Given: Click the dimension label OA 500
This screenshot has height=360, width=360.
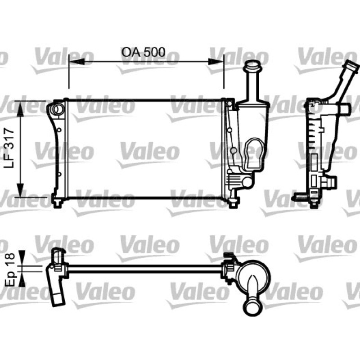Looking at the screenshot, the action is click(x=143, y=52).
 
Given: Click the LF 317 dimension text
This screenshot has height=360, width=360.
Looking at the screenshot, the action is click(x=9, y=148).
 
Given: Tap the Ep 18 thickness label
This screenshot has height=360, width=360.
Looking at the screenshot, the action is click(x=9, y=270).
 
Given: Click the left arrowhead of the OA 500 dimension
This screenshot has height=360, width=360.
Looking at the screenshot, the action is click(x=76, y=62).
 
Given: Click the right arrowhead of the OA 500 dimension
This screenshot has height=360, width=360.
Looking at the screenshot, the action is click(x=216, y=62).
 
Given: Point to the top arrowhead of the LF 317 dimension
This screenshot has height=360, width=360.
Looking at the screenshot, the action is click(x=20, y=109).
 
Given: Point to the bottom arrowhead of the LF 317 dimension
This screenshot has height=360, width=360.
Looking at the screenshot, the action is click(x=20, y=189).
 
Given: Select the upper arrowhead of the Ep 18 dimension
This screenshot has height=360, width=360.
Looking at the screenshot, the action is click(x=22, y=258).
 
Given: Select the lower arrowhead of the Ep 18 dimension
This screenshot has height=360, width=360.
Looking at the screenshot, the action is click(x=22, y=279).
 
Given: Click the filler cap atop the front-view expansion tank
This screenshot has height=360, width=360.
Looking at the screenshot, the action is click(x=252, y=65).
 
